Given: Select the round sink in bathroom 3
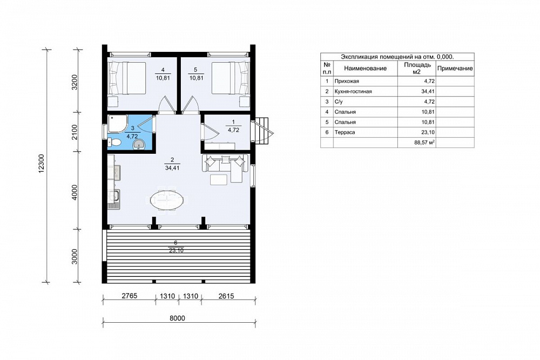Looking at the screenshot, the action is [x=139, y=145].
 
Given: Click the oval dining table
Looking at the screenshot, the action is [x=167, y=201].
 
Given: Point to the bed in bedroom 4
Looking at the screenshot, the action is [x=127, y=78].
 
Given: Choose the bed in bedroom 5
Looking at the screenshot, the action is [x=230, y=78].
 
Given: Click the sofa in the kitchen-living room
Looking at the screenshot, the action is [x=225, y=168].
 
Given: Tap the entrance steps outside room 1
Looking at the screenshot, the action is [x=264, y=131].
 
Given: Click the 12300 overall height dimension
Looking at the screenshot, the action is [x=41, y=164].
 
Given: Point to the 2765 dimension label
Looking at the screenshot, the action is [x=130, y=296].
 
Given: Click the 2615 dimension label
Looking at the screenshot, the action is [x=226, y=296].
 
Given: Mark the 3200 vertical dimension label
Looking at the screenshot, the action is [x=75, y=82].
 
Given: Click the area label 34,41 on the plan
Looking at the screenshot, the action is [x=172, y=168].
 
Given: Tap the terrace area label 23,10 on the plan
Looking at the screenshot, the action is [x=175, y=251].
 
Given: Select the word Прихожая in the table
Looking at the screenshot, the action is [x=347, y=81].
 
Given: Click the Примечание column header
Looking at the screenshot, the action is [x=455, y=68].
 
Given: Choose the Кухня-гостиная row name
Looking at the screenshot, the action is [x=353, y=92].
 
